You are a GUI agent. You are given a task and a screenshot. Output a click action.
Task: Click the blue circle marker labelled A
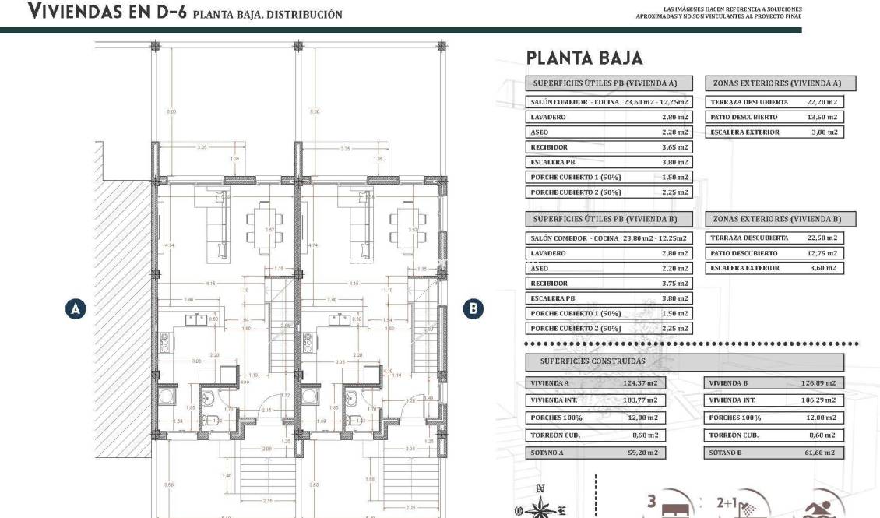click(76, 308)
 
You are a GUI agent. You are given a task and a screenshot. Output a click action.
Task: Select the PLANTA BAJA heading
click(584, 58)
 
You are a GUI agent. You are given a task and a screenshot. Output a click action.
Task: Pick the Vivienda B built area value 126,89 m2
click(818, 383)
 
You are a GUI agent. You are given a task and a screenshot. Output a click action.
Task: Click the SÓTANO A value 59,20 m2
click(642, 453)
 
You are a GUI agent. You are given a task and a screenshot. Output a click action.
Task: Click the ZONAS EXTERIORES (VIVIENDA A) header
click(779, 83)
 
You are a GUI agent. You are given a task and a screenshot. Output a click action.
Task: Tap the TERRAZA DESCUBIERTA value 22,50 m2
click(822, 238)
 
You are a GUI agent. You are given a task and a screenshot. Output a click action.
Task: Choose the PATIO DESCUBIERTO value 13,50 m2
click(822, 117)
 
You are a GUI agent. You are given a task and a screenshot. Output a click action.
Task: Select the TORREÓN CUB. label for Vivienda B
click(734, 435)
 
